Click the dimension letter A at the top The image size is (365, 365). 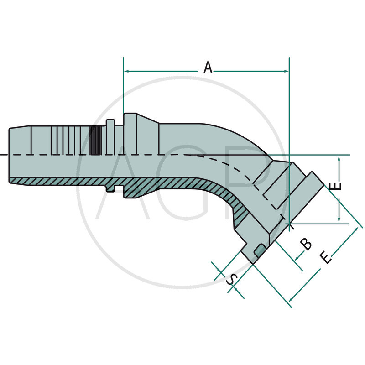pos(208,68)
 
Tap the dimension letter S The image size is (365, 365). pos(232,279)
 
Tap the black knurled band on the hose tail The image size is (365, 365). pos(95,141)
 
